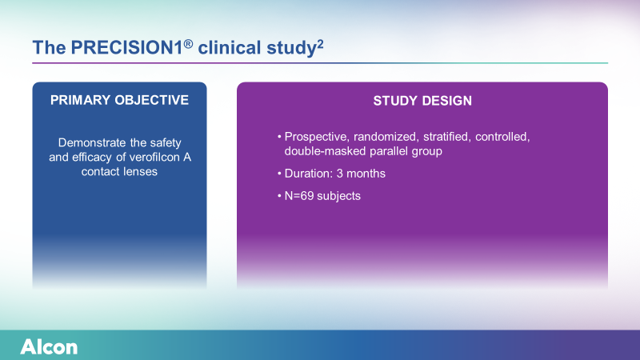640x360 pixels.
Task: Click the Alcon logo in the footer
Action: tap(49, 347)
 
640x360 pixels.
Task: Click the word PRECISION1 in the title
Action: tap(126, 48)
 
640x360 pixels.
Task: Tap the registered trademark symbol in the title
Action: tap(188, 44)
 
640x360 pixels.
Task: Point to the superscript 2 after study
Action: tap(320, 44)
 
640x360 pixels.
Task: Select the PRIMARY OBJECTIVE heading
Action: tap(119, 101)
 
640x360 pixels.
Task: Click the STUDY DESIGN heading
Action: tap(422, 101)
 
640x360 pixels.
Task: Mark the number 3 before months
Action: tap(339, 174)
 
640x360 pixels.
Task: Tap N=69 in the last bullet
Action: tap(299, 196)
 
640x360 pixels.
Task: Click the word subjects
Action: tap(338, 197)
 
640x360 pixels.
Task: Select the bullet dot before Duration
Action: tap(279, 174)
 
